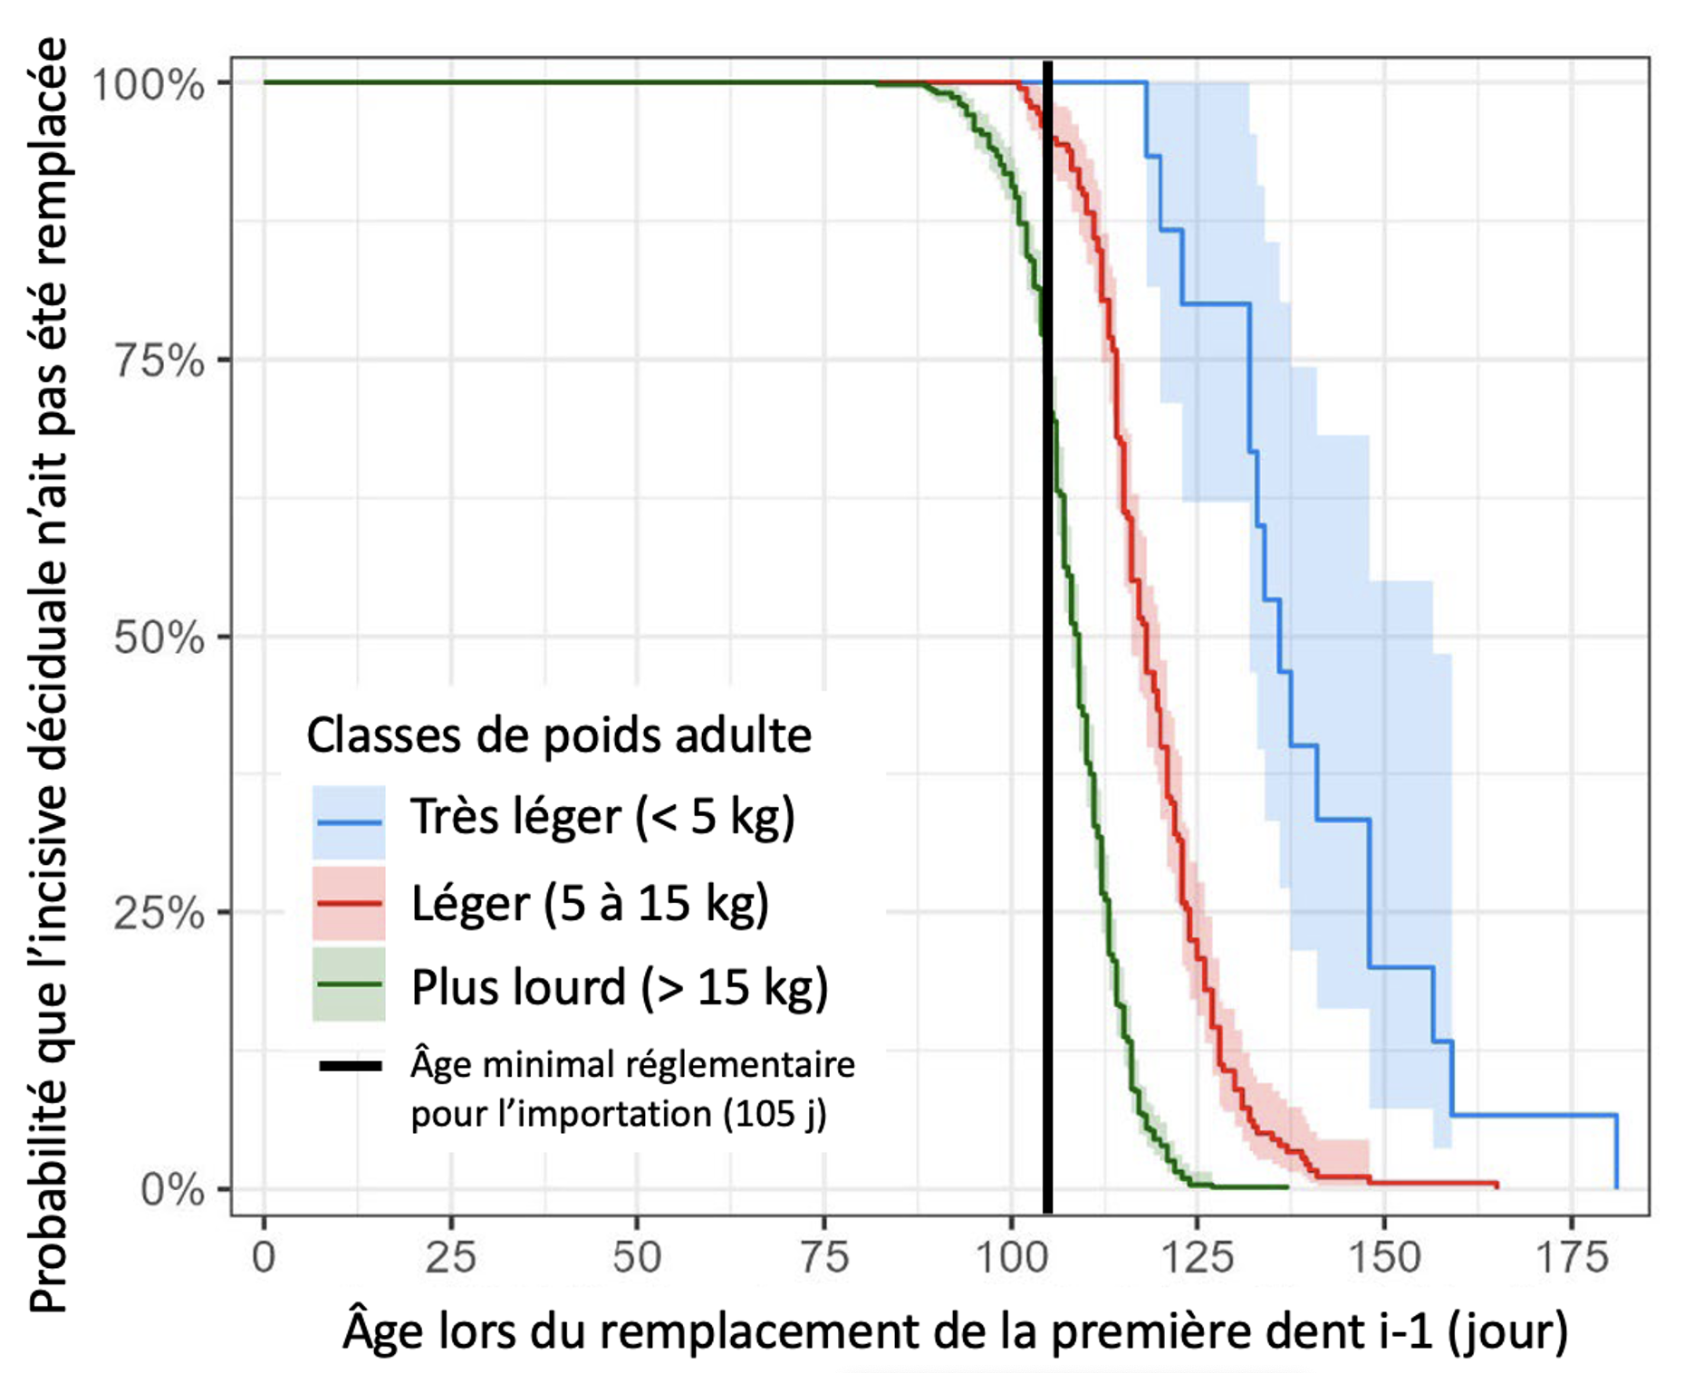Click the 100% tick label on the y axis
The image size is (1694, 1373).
pyautogui.click(x=149, y=85)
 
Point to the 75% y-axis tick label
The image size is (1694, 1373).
pyautogui.click(x=159, y=361)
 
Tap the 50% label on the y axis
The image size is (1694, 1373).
pyautogui.click(x=159, y=638)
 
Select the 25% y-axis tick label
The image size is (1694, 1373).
pyautogui.click(x=159, y=914)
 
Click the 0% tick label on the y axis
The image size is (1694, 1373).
pyautogui.click(x=172, y=1190)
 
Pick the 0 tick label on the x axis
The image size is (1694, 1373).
pyautogui.click(x=264, y=1258)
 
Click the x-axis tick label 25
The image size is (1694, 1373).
pyautogui.click(x=450, y=1258)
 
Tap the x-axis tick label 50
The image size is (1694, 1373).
pyautogui.click(x=637, y=1258)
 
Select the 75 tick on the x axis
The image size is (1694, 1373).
pyautogui.click(x=824, y=1258)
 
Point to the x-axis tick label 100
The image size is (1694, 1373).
pyautogui.click(x=1011, y=1258)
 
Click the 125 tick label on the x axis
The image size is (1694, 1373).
pyautogui.click(x=1198, y=1258)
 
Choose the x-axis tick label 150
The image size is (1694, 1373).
pyautogui.click(x=1384, y=1258)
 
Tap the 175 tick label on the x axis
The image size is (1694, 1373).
pyautogui.click(x=1571, y=1258)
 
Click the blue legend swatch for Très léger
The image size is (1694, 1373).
pyautogui.click(x=349, y=821)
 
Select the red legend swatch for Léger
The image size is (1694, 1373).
pyautogui.click(x=349, y=903)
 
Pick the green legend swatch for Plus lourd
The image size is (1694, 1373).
pyautogui.click(x=349, y=984)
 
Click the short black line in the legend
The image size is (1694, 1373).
pyautogui.click(x=350, y=1066)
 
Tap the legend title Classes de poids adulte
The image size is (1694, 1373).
pyautogui.click(x=559, y=735)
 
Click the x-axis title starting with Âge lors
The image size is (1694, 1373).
pyautogui.click(x=955, y=1331)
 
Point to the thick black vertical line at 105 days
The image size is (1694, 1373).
pyautogui.click(x=1048, y=634)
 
